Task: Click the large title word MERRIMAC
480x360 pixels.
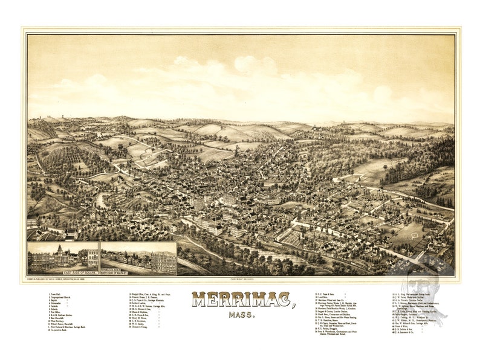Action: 241,300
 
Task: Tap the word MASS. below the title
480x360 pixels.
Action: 241,315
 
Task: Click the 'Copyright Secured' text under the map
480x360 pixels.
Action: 241,279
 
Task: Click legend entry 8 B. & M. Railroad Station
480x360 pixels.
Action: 65,318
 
